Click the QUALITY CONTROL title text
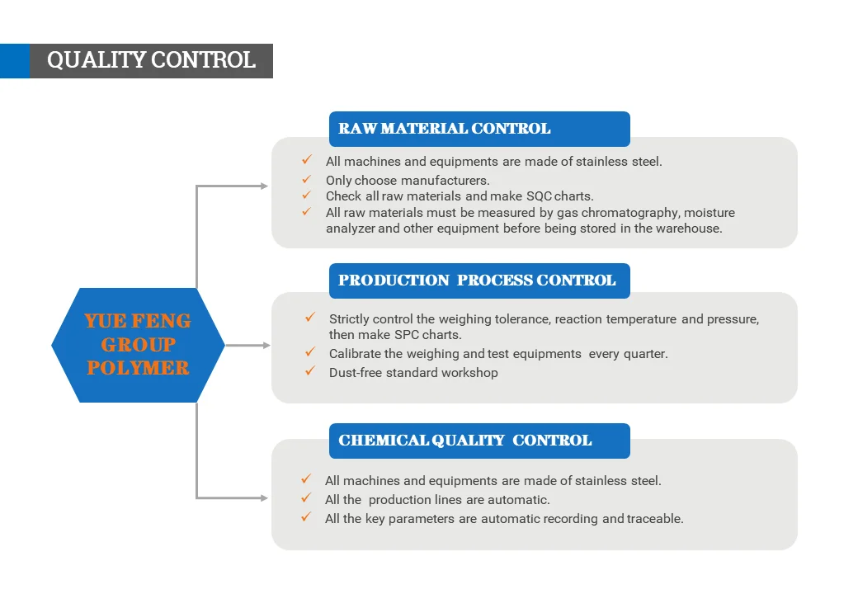tap(151, 60)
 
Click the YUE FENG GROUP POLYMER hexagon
tap(138, 345)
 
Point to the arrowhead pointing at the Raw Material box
tap(264, 186)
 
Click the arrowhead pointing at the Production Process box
tap(266, 345)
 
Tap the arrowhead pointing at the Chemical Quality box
tap(264, 497)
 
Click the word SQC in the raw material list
tap(539, 196)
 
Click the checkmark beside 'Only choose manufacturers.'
tap(306, 179)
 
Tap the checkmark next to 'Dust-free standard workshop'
tap(310, 371)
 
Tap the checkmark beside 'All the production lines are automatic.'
tap(306, 497)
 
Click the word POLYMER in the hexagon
tap(138, 368)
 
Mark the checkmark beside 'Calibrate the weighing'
tap(310, 351)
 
